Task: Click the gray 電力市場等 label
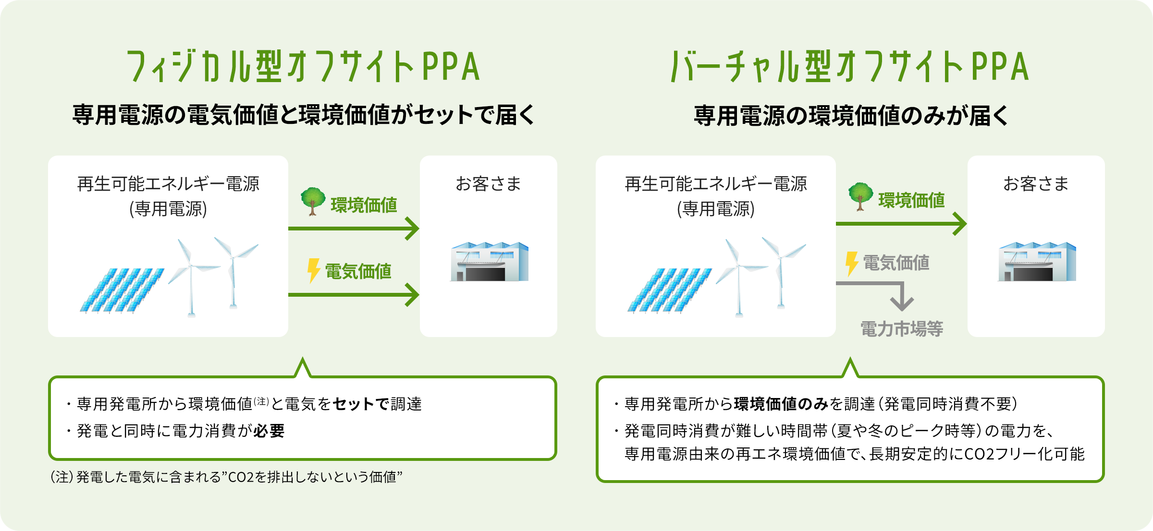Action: pyautogui.click(x=901, y=329)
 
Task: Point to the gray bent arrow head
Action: pyautogui.click(x=902, y=303)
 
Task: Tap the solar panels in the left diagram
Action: pyautogui.click(x=122, y=290)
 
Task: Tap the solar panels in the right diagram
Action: pyautogui.click(x=669, y=290)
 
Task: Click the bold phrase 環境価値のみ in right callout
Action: pyautogui.click(x=781, y=404)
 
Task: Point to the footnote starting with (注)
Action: pyautogui.click(x=226, y=477)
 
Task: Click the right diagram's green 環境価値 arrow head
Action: pyautogui.click(x=960, y=224)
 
